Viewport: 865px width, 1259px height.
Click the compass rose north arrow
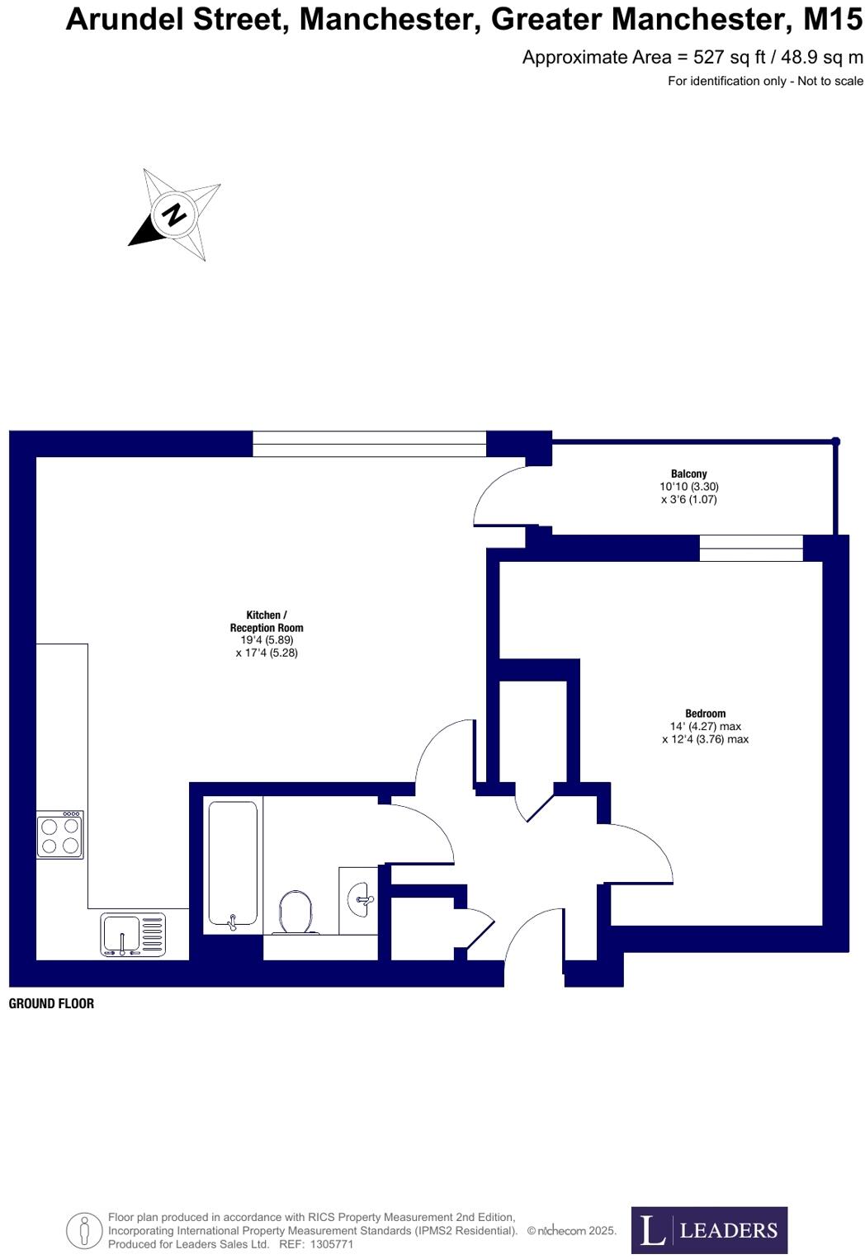174,214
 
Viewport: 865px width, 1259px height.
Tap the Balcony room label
688,474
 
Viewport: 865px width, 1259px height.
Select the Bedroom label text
705,714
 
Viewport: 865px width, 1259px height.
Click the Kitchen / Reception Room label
267,621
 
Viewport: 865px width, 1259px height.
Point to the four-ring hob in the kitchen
60,835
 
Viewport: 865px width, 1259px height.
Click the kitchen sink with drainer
133,935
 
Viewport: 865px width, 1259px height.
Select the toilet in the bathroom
296,912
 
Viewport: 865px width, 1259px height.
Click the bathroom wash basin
359,898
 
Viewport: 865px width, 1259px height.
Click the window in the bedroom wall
750,548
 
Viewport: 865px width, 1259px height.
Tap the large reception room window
369,444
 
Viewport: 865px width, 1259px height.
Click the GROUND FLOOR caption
51,1003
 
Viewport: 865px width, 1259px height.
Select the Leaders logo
709,1230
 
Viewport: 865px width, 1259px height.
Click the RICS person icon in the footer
83,1230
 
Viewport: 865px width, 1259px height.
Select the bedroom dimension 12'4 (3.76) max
705,739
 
